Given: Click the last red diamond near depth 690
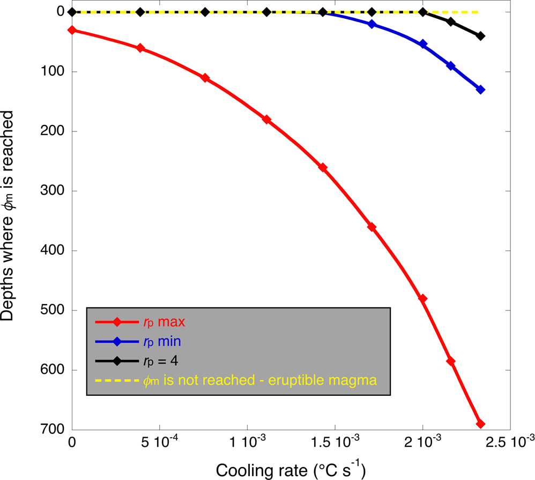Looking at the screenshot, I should pos(480,424).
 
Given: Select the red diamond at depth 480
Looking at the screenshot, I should pos(422,298).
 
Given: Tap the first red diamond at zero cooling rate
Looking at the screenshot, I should pos(71,30).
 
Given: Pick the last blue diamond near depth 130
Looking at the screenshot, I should pos(480,90).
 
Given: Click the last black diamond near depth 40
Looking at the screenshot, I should pos(480,36).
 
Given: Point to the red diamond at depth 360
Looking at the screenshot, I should pos(371,227).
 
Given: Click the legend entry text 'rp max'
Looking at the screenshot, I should pos(164,322).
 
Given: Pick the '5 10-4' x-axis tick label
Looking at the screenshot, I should pos(159,444).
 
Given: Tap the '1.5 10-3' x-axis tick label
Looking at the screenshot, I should pos(335,444).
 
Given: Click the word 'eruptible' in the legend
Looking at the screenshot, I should pos(305,380).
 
